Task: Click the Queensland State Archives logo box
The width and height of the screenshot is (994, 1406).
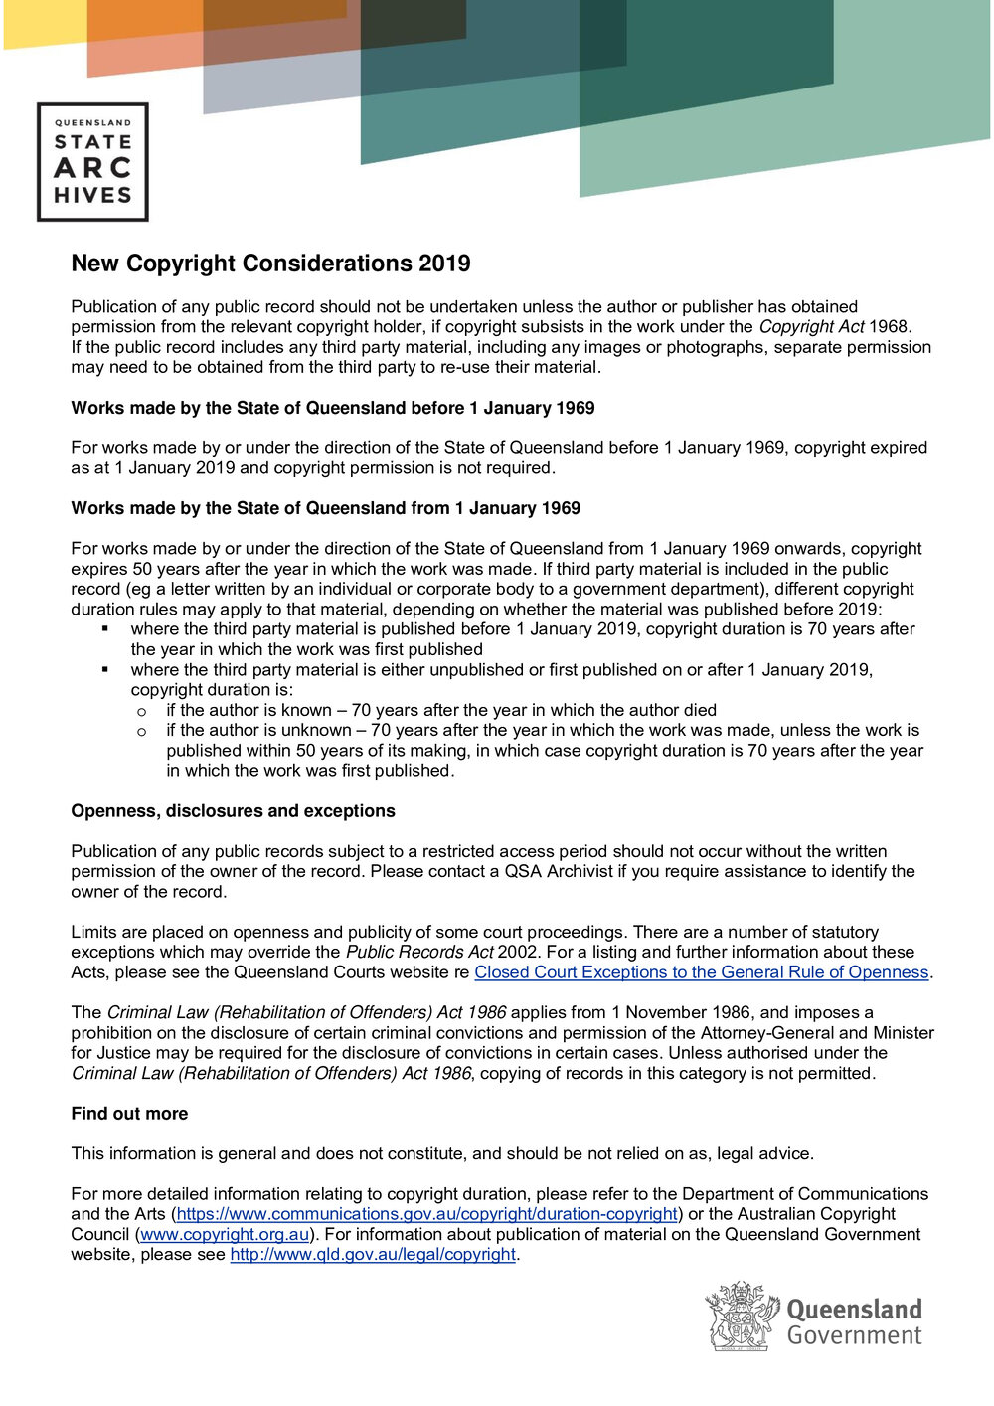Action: [x=92, y=161]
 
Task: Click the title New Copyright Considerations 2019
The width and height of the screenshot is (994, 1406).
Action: [x=270, y=264]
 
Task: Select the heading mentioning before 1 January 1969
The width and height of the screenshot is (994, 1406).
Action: [x=333, y=408]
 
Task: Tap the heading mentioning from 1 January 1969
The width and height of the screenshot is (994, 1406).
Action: [x=325, y=508]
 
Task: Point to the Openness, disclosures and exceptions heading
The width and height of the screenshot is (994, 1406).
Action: [x=233, y=811]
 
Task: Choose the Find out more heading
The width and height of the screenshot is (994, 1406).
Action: [x=129, y=1114]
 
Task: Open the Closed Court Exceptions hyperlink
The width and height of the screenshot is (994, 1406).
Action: [x=701, y=972]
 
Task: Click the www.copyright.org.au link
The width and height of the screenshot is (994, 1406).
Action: [x=225, y=1234]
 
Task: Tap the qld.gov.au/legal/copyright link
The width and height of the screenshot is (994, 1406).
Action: [x=373, y=1254]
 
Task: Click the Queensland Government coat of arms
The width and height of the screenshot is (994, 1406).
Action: [x=742, y=1317]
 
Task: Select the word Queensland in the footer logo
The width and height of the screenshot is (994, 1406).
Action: [x=855, y=1309]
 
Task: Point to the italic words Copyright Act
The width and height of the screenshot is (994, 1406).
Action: [x=811, y=327]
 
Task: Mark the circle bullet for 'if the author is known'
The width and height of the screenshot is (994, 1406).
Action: [x=142, y=711]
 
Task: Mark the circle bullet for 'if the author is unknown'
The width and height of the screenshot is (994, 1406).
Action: [x=142, y=731]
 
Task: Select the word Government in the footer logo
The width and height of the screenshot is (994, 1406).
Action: [x=855, y=1335]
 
